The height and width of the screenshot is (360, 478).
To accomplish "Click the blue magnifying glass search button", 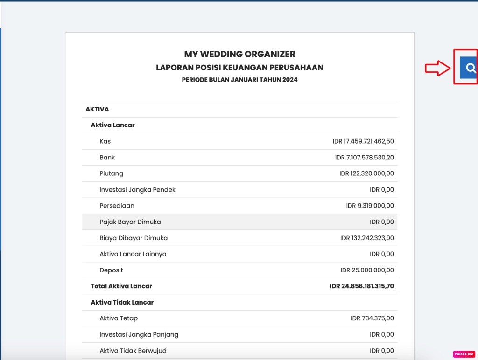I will (x=469, y=68).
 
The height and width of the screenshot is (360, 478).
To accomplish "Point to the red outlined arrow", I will (x=437, y=69).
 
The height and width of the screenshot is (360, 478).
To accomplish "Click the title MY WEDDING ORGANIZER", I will (x=239, y=54).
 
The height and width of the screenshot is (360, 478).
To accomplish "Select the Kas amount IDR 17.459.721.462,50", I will (x=363, y=141).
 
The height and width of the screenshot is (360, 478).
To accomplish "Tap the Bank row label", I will (x=107, y=158).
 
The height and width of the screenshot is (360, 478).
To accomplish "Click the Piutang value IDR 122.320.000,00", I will (x=366, y=173).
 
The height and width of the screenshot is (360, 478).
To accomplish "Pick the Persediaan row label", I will (x=117, y=206).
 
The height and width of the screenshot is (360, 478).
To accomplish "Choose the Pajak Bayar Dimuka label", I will (x=130, y=222).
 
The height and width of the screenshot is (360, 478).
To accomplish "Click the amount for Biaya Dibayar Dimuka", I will (x=367, y=238).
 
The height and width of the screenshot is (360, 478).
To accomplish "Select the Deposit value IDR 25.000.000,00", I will (x=367, y=270).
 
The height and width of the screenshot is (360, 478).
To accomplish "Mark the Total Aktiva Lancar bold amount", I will (x=361, y=286).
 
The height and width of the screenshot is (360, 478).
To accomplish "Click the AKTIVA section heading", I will (x=97, y=109).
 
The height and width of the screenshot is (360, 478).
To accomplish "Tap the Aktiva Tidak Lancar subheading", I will (x=122, y=302).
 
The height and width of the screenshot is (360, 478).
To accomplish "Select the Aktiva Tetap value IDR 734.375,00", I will (x=372, y=318).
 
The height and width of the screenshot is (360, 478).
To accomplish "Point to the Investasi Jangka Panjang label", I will (x=139, y=334).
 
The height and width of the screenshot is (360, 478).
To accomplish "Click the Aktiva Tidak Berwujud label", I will (x=133, y=351).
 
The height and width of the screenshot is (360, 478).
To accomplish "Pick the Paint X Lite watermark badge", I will (x=464, y=354).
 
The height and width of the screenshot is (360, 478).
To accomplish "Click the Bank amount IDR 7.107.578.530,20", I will (x=364, y=158).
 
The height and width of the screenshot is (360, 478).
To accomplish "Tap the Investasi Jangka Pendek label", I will (x=137, y=190).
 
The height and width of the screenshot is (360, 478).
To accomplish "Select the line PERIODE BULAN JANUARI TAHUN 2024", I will (x=239, y=80).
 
